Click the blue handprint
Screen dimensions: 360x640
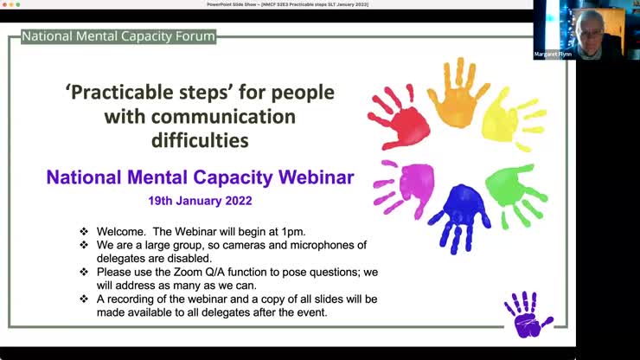coord(459,214)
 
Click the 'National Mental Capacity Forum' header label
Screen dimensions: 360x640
coord(118,36)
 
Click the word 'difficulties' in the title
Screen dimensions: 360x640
coord(200,138)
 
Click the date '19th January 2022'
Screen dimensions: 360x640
coord(200,200)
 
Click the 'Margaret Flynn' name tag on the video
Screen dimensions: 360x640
coord(554,54)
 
